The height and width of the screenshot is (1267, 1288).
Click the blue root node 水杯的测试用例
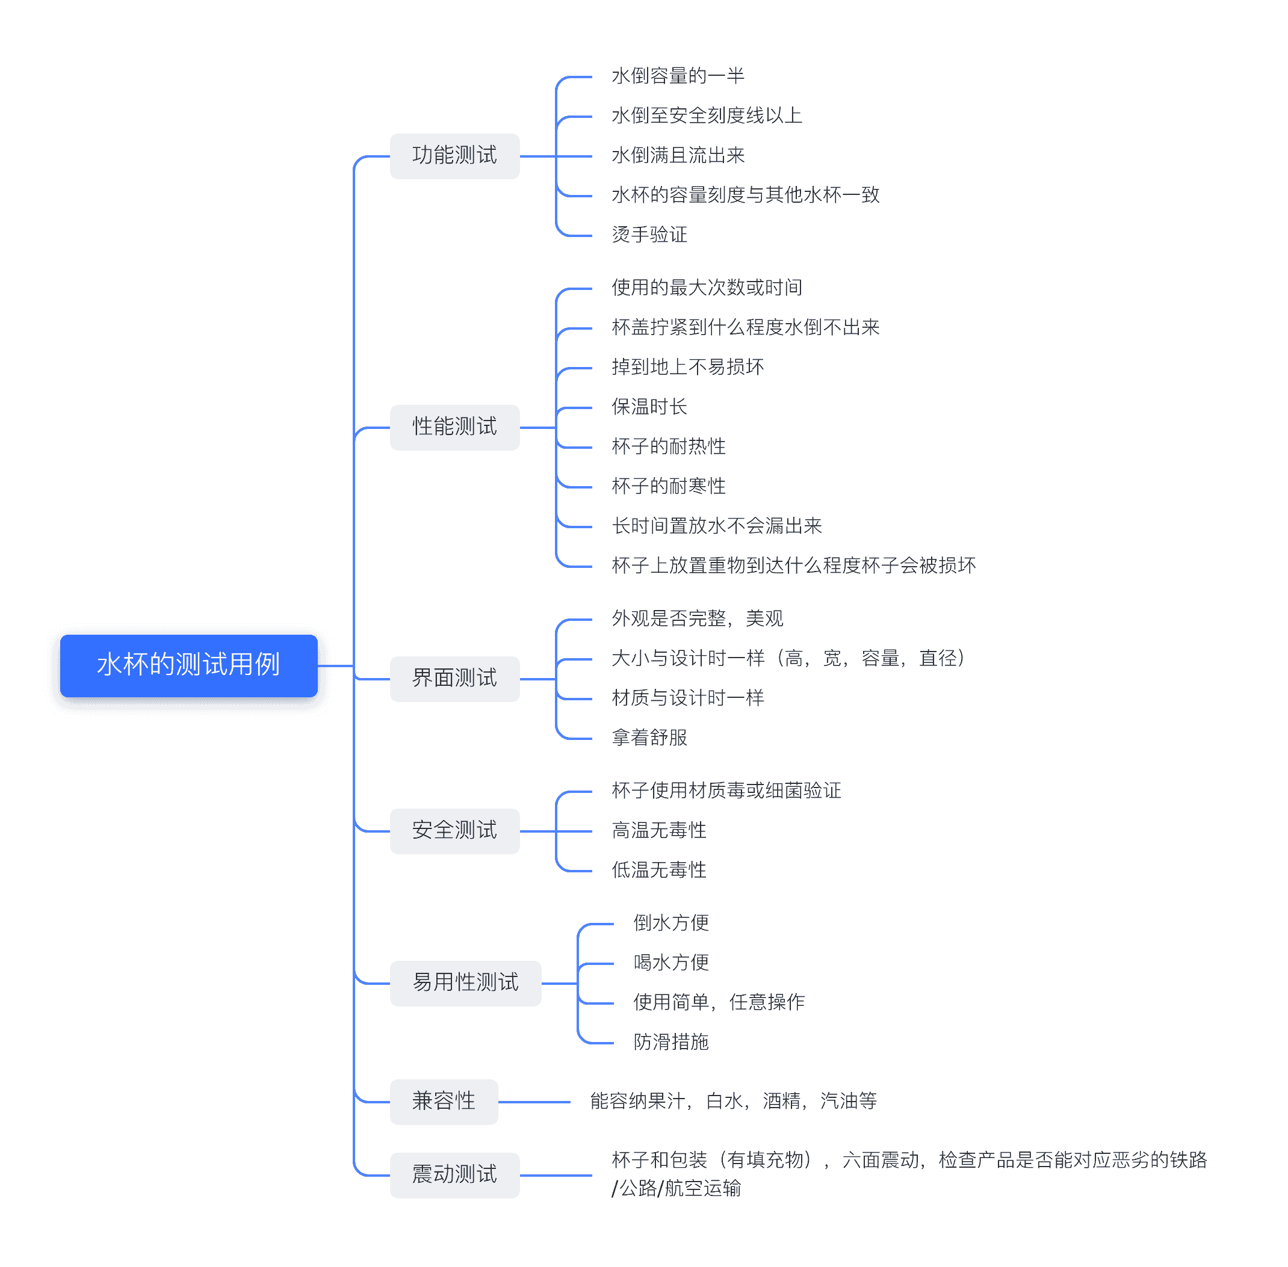coord(188,665)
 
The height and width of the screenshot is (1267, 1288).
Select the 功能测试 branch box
coord(454,156)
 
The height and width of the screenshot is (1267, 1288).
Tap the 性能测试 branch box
coord(454,427)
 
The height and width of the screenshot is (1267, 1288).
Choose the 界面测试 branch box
coord(454,678)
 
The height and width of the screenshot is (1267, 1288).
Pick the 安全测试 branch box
coord(454,830)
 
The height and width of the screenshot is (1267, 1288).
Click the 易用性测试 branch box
coord(465,982)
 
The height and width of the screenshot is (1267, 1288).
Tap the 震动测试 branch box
coord(454,1174)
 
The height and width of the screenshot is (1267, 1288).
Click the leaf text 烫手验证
coord(649,235)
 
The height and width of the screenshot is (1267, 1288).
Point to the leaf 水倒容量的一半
coord(678,76)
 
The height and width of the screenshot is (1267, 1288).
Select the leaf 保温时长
coord(649,407)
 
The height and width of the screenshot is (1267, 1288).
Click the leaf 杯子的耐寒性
coord(668,487)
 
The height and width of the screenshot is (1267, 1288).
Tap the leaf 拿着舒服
coord(649,738)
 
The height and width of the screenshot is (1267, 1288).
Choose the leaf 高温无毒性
coord(659,830)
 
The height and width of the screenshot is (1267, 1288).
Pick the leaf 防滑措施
coord(670,1041)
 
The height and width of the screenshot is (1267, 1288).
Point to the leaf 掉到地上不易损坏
coord(687,368)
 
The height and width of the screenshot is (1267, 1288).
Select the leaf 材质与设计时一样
coord(687,698)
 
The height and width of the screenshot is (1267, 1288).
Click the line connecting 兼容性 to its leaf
coord(534,1102)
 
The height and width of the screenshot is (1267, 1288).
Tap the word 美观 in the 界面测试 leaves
coord(764,619)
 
